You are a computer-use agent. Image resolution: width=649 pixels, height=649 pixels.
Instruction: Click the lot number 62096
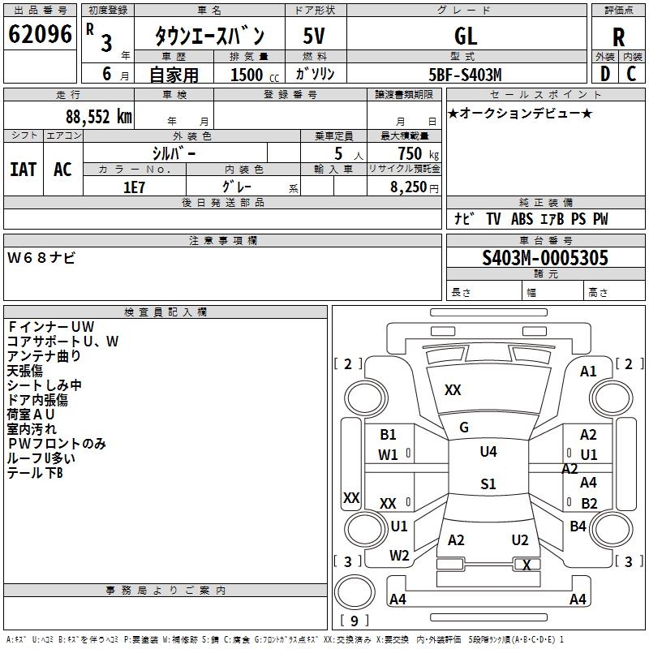coord(40,33)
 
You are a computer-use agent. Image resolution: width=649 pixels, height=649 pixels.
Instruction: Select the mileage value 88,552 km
coord(99,117)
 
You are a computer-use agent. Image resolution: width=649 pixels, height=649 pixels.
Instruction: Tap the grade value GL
coord(466,36)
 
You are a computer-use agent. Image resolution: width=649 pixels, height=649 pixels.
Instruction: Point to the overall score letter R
coord(618,37)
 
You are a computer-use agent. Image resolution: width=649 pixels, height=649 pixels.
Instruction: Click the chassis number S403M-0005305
coord(545,257)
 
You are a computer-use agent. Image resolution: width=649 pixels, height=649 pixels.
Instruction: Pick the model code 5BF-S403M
coord(465,75)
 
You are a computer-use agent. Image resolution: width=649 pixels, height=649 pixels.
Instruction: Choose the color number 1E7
coord(134,187)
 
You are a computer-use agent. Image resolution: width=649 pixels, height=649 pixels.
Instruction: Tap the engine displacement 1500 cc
coord(255,75)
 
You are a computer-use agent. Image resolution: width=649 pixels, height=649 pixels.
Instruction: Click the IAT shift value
coord(24,170)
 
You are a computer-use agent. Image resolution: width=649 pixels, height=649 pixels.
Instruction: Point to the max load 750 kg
coord(419,153)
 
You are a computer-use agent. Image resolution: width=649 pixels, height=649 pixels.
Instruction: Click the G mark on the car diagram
coord(464,428)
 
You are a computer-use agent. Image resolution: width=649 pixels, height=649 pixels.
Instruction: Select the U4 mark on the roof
coord(488,451)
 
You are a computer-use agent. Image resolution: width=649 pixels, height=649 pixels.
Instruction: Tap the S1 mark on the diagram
coord(488,484)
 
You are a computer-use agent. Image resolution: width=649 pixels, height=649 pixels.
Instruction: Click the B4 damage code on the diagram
coord(578,526)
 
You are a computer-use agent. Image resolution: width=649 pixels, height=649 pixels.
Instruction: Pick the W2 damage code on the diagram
coord(399,555)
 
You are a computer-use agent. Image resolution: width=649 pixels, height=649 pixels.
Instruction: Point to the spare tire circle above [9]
coord(355,592)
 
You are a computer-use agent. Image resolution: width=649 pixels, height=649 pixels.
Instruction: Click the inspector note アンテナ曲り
coord(44,356)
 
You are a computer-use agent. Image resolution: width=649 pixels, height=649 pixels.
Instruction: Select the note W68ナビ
coord(41,258)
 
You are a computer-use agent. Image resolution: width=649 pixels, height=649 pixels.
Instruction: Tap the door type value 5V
coord(314,36)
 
